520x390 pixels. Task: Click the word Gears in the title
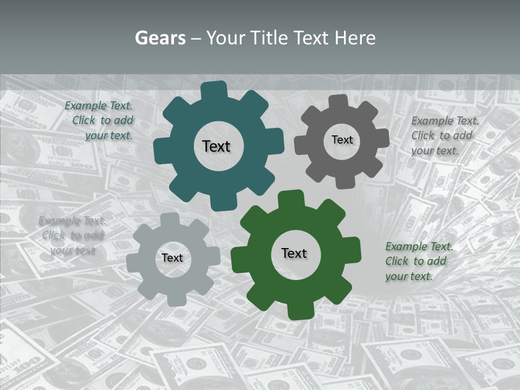(x=160, y=38)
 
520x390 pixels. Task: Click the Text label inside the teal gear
(x=216, y=146)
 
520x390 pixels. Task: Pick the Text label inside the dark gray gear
(x=342, y=140)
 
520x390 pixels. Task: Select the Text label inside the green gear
(x=294, y=253)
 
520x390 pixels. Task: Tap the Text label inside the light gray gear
(x=172, y=258)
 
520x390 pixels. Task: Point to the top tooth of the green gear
(x=291, y=198)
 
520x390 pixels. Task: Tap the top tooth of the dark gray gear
(x=339, y=102)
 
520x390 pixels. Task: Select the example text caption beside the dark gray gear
(x=444, y=135)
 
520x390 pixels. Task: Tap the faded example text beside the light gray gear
(x=73, y=235)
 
